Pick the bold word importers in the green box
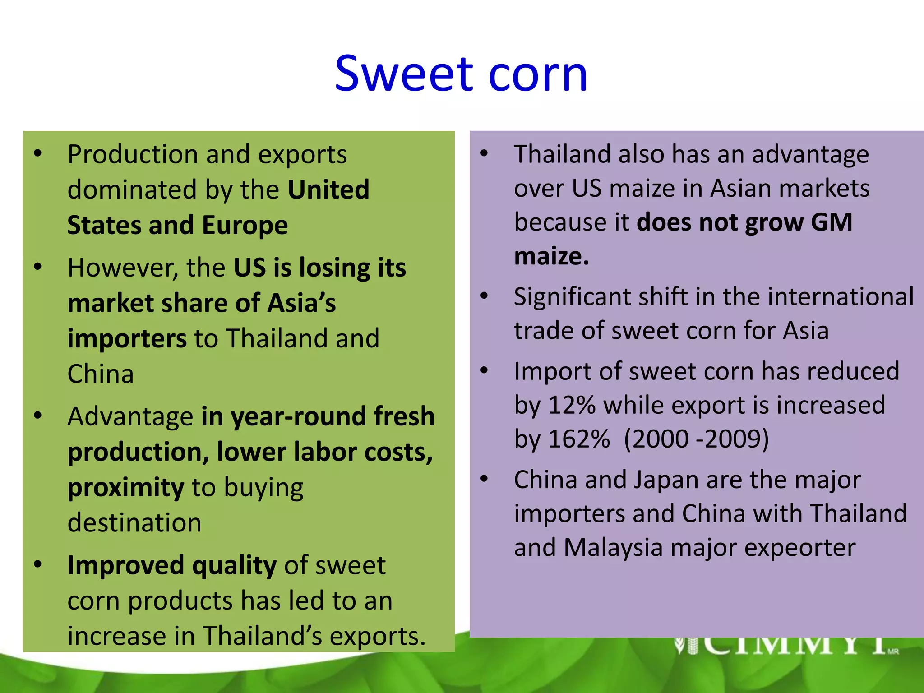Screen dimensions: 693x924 click(x=127, y=339)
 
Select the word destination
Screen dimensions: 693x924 click(x=134, y=523)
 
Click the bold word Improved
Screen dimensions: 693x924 click(x=126, y=565)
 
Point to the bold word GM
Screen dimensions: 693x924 click(x=832, y=222)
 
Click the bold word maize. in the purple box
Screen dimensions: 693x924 click(x=551, y=256)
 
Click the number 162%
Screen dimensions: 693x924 click(x=579, y=439)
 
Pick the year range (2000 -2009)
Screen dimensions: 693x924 click(x=696, y=439)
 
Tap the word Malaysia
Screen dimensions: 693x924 click(x=613, y=548)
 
